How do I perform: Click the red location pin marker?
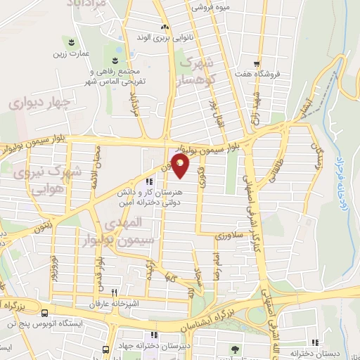[x=181, y=166]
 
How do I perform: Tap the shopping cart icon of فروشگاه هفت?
[x=258, y=62]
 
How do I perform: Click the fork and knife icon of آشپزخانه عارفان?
[x=124, y=295]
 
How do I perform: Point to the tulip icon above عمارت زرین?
[x=70, y=41]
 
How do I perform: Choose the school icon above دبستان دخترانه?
[x=318, y=344]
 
